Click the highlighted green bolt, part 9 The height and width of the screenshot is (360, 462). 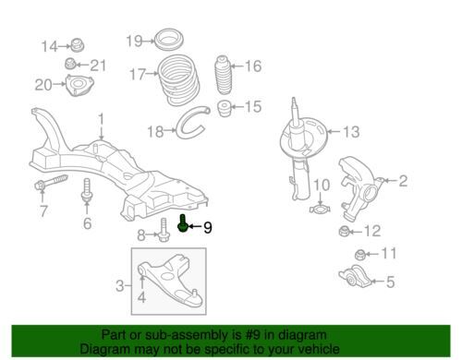click(x=182, y=224)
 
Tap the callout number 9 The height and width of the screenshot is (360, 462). click(x=208, y=228)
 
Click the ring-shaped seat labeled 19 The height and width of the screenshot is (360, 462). click(x=169, y=39)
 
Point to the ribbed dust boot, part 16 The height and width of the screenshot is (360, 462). click(x=223, y=76)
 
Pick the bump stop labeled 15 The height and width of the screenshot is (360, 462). click(x=225, y=108)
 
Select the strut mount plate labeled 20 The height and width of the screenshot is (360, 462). click(x=79, y=85)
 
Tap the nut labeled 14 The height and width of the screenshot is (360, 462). click(x=77, y=45)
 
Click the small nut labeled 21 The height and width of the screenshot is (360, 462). click(x=70, y=64)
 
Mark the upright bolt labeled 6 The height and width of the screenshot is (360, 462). click(x=87, y=191)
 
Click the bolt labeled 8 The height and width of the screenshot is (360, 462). click(x=164, y=230)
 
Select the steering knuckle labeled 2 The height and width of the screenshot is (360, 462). click(x=359, y=188)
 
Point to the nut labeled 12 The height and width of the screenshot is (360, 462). click(x=344, y=231)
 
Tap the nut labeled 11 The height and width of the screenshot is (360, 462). click(x=360, y=254)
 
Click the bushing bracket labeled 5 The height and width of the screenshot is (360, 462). click(x=355, y=276)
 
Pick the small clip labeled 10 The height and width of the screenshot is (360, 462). click(x=320, y=210)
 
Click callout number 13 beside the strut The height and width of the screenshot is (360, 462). click(x=351, y=132)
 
